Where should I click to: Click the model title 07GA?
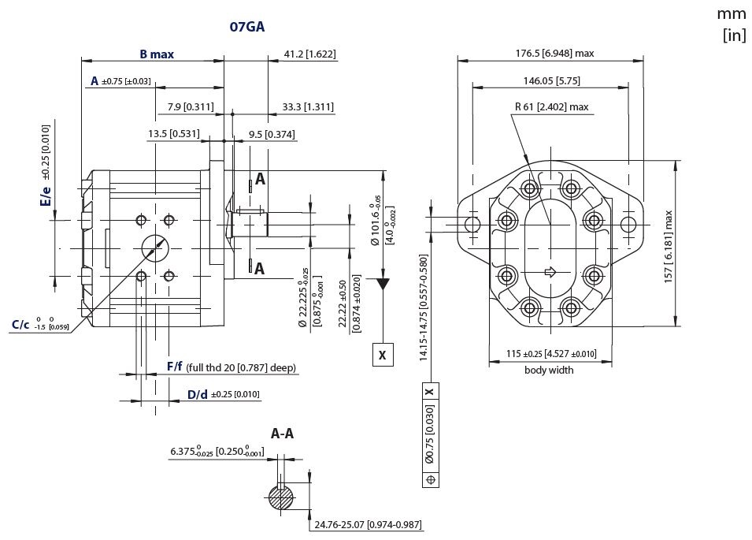tap(247, 26)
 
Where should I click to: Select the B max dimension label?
tap(157, 54)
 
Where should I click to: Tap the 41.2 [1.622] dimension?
tap(309, 54)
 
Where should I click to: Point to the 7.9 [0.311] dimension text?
tap(191, 106)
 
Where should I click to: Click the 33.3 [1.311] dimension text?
tap(308, 106)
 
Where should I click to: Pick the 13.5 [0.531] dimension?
tap(173, 133)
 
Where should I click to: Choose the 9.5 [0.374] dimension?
tap(272, 134)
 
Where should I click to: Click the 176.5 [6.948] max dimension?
tap(554, 54)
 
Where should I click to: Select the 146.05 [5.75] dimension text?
tap(551, 80)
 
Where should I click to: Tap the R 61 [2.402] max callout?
tap(551, 106)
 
